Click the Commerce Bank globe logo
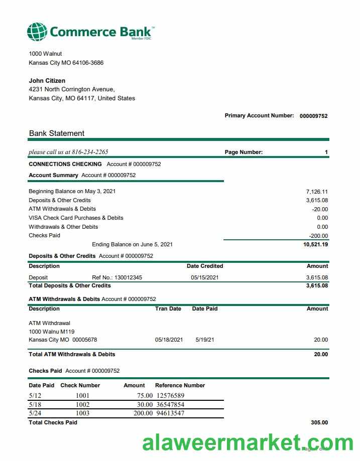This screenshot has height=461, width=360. pyautogui.click(x=37, y=32)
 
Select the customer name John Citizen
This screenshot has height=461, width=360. pyautogui.click(x=47, y=81)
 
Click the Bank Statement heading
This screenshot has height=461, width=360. pyautogui.click(x=57, y=133)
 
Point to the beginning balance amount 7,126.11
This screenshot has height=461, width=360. pyautogui.click(x=317, y=192)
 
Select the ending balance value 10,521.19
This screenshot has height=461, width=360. pyautogui.click(x=315, y=245)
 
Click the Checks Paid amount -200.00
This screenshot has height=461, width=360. pyautogui.click(x=318, y=236)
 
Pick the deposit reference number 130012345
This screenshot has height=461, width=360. pyautogui.click(x=129, y=277)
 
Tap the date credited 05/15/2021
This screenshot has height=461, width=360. pyautogui.click(x=205, y=277)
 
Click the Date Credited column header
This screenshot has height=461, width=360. pyautogui.click(x=205, y=266)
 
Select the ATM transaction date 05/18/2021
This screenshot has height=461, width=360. pyautogui.click(x=169, y=340)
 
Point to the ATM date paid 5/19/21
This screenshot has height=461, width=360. pyautogui.click(x=205, y=340)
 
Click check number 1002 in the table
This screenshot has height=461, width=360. pyautogui.click(x=83, y=405)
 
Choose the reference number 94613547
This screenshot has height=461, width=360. pyautogui.click(x=170, y=413)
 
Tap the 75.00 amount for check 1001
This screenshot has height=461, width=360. pyautogui.click(x=145, y=396)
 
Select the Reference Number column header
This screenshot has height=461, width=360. pyautogui.click(x=180, y=385)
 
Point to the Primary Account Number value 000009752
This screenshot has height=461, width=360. pyautogui.click(x=313, y=116)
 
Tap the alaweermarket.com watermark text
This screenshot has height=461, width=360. pyautogui.click(x=248, y=443)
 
